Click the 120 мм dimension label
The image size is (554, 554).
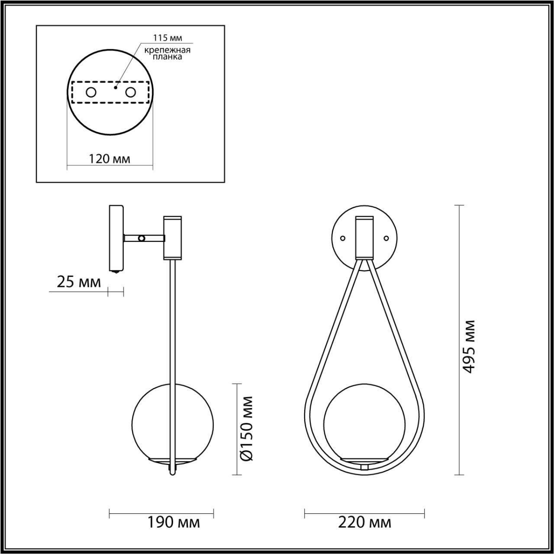point(110,159)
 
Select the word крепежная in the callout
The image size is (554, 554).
point(167,50)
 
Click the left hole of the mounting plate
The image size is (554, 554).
point(91,92)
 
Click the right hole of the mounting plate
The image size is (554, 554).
point(130,92)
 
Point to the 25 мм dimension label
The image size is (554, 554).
point(79,282)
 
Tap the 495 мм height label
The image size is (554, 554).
point(469,346)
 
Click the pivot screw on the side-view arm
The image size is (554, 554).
point(141,238)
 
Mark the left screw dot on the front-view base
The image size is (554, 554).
point(343,238)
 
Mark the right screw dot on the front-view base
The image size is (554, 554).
point(387,238)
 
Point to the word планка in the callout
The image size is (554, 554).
point(167,57)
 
